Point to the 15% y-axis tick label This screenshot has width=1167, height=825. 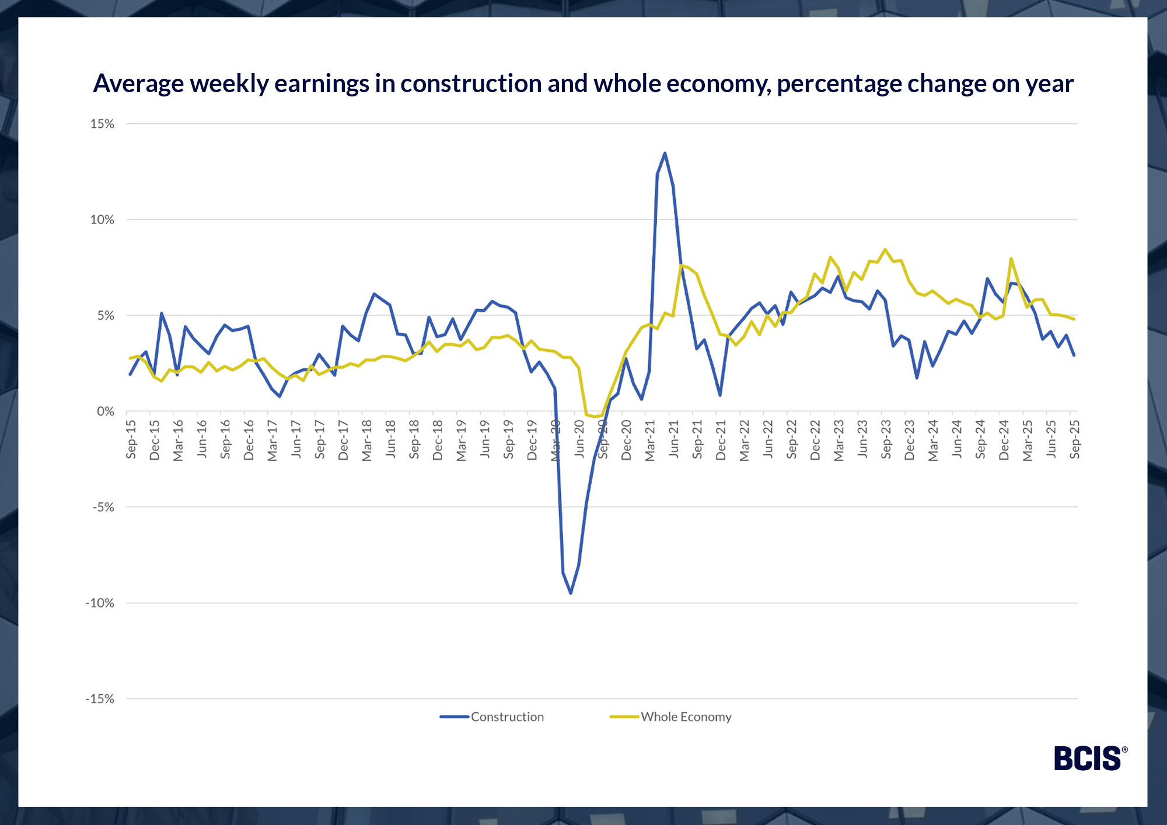[x=102, y=124]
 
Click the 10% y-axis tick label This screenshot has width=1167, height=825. [x=102, y=220]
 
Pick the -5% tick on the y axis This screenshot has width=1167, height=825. [x=103, y=507]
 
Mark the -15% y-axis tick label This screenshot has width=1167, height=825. [x=100, y=699]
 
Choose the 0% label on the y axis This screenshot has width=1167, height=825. [x=106, y=411]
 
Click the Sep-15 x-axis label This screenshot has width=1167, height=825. [x=131, y=439]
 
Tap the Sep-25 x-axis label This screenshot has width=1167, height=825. [x=1075, y=439]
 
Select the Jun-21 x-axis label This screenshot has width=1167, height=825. [x=674, y=439]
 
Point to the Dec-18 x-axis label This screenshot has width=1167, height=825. [x=438, y=439]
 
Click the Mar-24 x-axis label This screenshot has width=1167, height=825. [x=933, y=439]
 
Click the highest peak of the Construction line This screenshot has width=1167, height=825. [x=665, y=153]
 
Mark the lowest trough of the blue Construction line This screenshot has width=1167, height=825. [x=571, y=593]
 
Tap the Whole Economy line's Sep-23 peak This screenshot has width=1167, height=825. [x=885, y=250]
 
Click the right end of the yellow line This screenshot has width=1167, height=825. [x=1074, y=319]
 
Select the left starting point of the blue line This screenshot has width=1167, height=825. [x=130, y=375]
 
